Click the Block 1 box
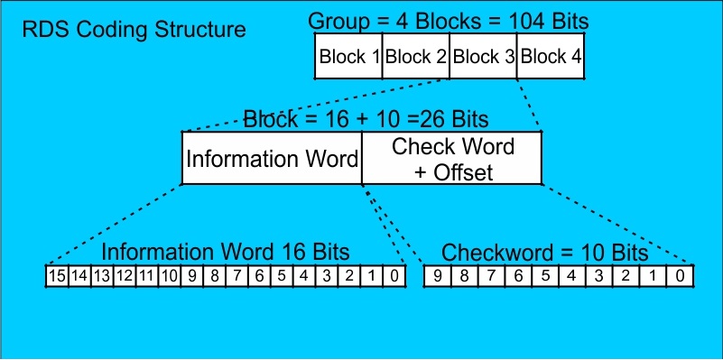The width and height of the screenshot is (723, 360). tap(348, 57)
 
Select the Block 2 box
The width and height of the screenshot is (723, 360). tap(416, 57)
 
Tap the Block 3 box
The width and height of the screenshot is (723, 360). tap(484, 57)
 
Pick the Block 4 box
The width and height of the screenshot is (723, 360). tap(552, 57)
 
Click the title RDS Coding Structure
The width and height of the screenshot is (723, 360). tap(134, 29)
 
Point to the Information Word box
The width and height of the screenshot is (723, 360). tap(272, 159)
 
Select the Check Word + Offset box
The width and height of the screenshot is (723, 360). tap(452, 159)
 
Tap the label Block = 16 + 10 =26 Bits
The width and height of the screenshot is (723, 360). tap(366, 118)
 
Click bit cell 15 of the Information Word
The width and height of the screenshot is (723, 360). tap(56, 275)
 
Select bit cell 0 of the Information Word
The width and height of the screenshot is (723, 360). tap(396, 275)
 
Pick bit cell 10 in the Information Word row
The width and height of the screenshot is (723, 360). tap(168, 275)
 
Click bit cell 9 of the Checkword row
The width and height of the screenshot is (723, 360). tap(439, 275)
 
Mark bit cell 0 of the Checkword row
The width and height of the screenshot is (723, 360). tap(680, 275)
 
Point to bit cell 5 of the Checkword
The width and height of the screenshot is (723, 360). tap(546, 275)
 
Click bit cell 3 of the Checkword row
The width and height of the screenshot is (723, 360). tap(599, 275)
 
